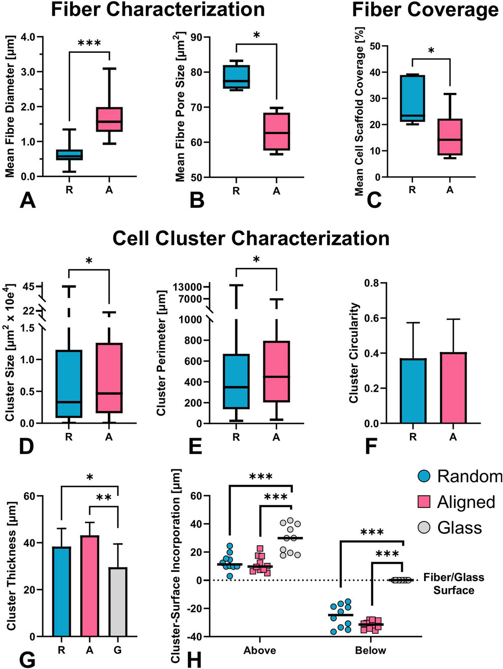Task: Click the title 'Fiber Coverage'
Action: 425,10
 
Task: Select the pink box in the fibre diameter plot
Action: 109,119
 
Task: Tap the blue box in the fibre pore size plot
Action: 236,77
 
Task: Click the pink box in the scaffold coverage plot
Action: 450,137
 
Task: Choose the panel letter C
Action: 374,200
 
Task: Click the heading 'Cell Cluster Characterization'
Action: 251,238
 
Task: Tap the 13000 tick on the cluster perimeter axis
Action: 188,287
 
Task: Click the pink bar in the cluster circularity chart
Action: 453,388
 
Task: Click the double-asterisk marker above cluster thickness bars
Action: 104,498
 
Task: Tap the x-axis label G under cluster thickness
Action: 117,650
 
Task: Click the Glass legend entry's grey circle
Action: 424,527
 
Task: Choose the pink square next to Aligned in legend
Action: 424,502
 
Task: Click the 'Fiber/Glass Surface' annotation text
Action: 454,584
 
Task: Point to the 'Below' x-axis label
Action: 371,651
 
